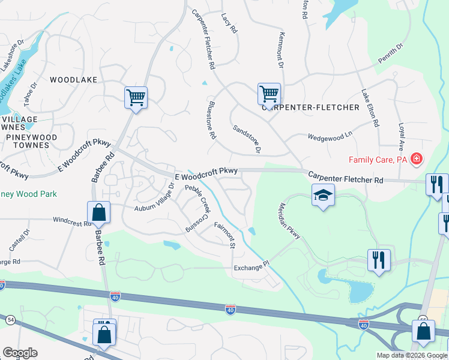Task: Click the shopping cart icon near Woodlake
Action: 136,97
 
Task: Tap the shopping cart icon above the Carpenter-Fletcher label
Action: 269,94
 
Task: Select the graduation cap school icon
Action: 323,196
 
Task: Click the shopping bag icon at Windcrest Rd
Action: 98,212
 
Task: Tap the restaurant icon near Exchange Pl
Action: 379,260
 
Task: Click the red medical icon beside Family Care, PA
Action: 417,160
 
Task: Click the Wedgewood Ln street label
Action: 328,136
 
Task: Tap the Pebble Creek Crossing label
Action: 197,208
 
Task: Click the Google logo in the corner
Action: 19,353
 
